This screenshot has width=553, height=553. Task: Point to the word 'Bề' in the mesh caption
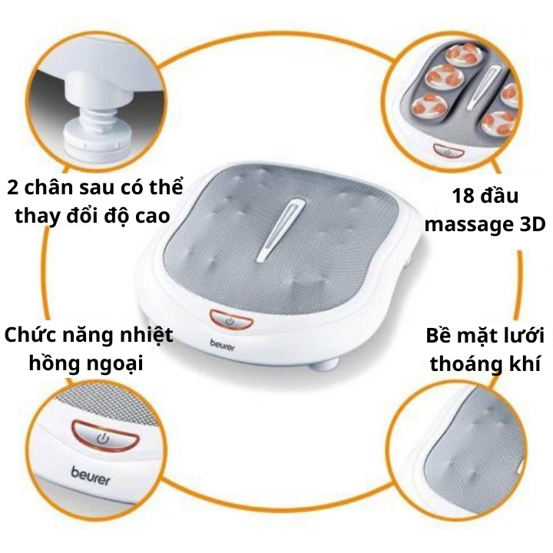pos(440,336)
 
